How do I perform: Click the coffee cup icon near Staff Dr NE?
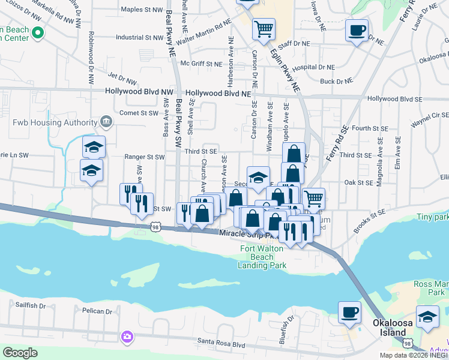(x=357, y=30)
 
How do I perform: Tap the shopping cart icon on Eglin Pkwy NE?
(x=264, y=28)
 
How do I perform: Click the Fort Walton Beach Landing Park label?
(x=262, y=257)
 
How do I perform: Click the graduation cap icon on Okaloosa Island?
(x=427, y=317)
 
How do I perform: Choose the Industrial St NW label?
(x=139, y=37)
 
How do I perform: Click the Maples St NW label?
(x=141, y=10)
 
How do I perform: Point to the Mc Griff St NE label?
(x=201, y=64)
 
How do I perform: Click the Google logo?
(x=20, y=353)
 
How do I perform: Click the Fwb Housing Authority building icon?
(x=106, y=122)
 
